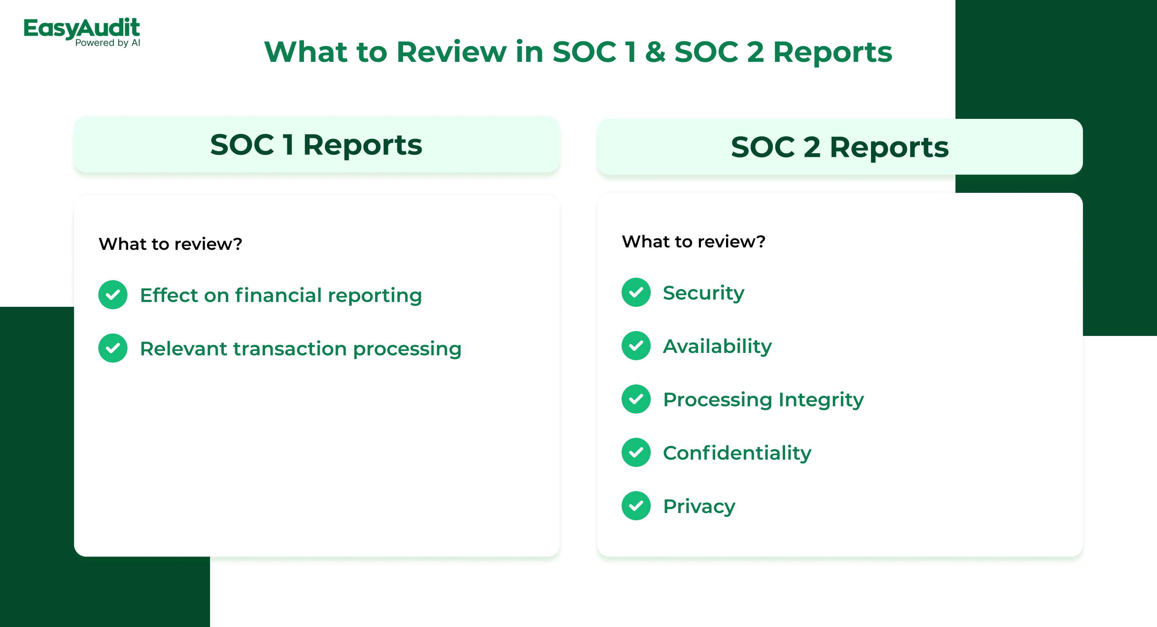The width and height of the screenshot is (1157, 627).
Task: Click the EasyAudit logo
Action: coord(82,32)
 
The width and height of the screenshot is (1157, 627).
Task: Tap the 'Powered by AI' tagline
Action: coord(108,42)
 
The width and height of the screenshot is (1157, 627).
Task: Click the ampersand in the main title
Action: coord(655,52)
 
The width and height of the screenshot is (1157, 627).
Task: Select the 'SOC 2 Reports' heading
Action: coord(839,147)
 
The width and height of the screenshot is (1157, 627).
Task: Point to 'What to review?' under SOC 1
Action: coord(170,244)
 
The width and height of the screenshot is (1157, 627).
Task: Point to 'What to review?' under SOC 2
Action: coord(694,241)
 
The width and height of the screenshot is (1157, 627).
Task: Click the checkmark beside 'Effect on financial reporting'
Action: coord(113,295)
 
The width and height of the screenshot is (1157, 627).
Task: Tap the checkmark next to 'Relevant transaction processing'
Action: coord(113,348)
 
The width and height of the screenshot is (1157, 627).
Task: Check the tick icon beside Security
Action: coord(636,293)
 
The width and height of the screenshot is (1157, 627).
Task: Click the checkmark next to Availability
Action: coord(636,346)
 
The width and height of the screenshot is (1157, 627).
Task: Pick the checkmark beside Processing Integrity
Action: coord(636,399)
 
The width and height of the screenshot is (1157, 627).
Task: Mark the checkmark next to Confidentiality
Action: coord(636,452)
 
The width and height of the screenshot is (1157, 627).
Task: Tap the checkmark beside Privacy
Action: coord(636,506)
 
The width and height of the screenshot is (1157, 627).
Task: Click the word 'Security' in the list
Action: coord(703,293)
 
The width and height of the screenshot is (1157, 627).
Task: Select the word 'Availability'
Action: coord(717,346)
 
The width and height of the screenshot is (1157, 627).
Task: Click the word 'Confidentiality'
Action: coord(737,453)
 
